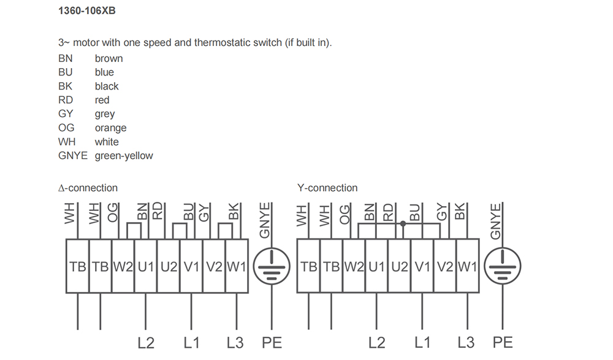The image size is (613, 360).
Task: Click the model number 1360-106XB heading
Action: pos(87,10)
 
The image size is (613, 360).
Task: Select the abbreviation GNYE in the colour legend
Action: pos(73,155)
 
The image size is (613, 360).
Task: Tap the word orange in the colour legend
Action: pos(110,128)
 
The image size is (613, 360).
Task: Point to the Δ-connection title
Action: pos(88,188)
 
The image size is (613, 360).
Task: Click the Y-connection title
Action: pos(327,188)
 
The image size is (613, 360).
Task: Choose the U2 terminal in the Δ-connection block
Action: pos(169,267)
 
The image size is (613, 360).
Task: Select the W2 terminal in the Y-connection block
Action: pos(354,267)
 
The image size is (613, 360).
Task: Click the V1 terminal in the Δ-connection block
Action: pos(191,267)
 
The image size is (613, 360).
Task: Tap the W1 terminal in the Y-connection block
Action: pos(467,267)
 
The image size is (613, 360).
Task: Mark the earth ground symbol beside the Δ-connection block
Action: pos(272,266)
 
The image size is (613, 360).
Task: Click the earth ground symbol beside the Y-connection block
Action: pos(503,266)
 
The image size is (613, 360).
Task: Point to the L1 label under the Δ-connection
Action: pos(191,343)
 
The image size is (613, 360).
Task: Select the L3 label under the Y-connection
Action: pos(466,343)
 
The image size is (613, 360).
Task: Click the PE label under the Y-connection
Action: pos(503,343)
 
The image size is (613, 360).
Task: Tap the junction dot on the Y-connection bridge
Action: pos(403,224)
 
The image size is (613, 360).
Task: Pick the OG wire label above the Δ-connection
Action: pos(113,213)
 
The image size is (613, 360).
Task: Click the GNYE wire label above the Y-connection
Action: pos(495,221)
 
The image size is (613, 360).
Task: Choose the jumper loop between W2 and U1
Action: pos(134,223)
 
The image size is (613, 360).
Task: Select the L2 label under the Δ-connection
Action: pos(146,343)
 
